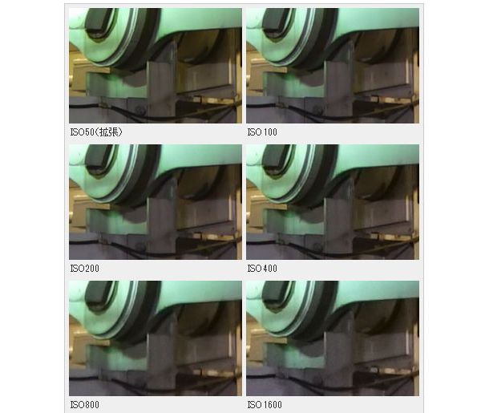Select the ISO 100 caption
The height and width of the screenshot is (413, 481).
coord(262,132)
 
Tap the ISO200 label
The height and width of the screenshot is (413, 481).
coord(85,269)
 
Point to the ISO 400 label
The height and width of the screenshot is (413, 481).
coord(262,269)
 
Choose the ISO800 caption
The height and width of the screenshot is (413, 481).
coord(85,405)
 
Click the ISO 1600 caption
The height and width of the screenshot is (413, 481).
coord(265,405)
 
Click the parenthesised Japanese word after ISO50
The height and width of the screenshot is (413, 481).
coord(108,132)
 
